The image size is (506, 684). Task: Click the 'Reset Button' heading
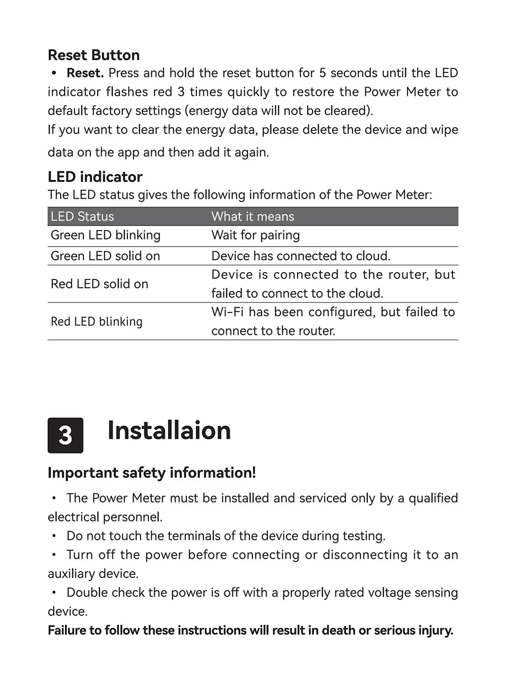[x=94, y=55]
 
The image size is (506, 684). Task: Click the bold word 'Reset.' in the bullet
[x=85, y=73]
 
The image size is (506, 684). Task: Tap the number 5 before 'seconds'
[x=322, y=73]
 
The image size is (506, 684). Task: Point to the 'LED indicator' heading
[x=95, y=177]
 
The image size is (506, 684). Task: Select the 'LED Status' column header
[x=82, y=216]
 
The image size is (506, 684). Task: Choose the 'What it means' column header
[x=252, y=216]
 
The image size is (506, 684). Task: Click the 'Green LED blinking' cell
[x=105, y=235]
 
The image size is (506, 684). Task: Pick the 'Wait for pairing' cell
[x=256, y=235]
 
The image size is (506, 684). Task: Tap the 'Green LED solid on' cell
[x=105, y=256]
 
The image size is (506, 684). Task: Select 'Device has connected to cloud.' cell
[x=301, y=256]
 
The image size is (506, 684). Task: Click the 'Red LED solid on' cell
[x=99, y=284]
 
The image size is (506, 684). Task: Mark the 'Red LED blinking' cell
[x=97, y=322]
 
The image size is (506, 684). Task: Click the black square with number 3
[x=65, y=435]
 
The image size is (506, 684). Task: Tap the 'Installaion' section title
[x=169, y=431]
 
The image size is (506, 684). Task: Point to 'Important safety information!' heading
[x=152, y=473]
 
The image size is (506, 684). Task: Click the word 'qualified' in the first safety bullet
[x=433, y=498]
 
